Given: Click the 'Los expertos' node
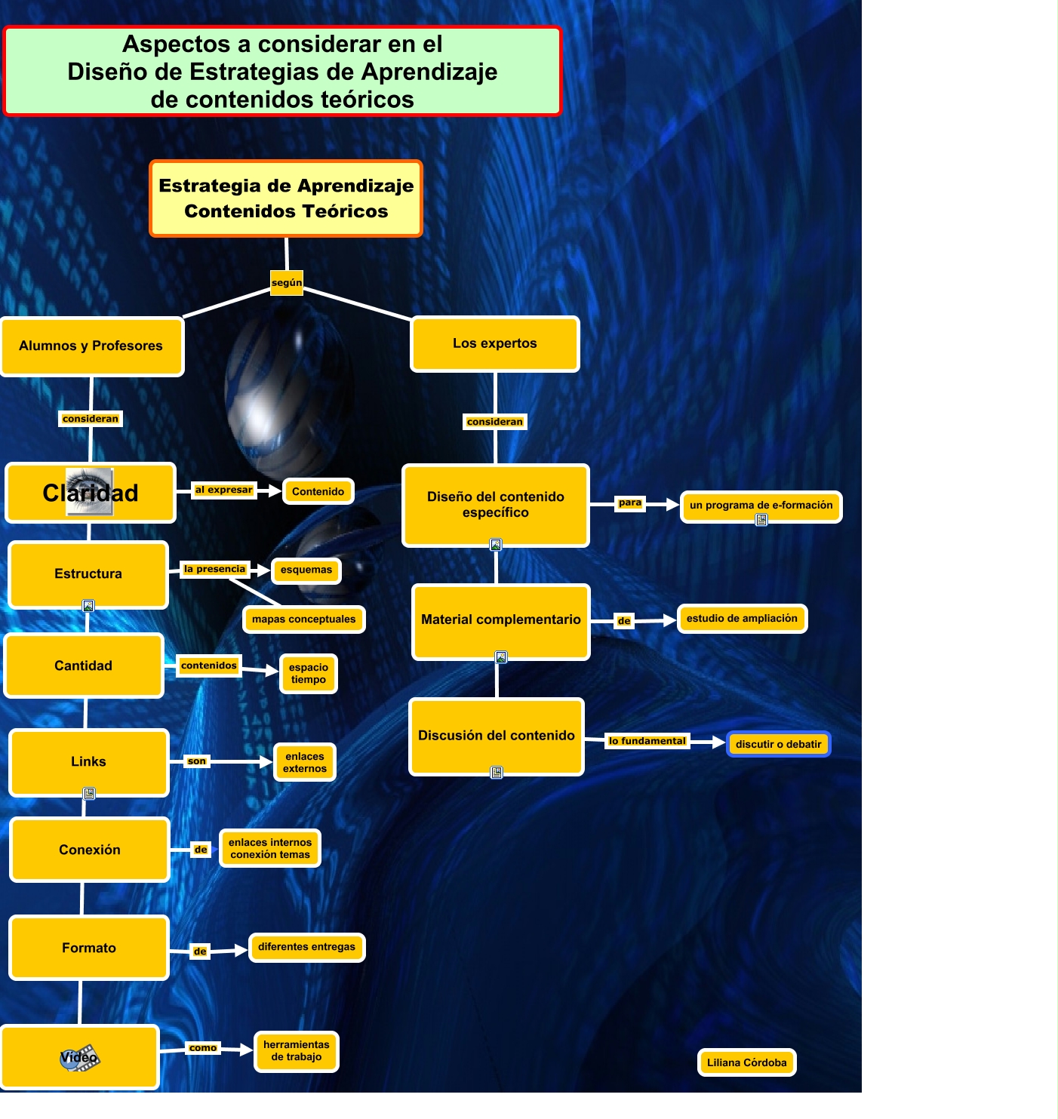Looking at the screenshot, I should (x=495, y=344).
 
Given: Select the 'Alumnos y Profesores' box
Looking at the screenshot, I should (x=91, y=346).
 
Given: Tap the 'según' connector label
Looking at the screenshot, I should (x=287, y=283).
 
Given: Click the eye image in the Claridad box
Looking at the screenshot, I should (x=90, y=491).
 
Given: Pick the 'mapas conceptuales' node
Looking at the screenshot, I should (x=303, y=619).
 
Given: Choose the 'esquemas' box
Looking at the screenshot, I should (x=306, y=570).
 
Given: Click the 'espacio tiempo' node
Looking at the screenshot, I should (x=308, y=674).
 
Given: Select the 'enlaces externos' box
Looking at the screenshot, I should (x=305, y=763).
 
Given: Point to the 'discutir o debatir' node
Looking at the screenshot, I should (x=778, y=745).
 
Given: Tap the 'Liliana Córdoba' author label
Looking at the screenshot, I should (x=746, y=1063).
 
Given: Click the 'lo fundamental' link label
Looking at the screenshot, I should (x=647, y=742).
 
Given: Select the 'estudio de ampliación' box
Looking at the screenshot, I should (x=742, y=619).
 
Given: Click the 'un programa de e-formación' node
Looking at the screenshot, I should (x=761, y=506).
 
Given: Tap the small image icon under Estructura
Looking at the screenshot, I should (x=88, y=606).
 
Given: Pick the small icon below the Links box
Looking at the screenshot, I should (x=89, y=794).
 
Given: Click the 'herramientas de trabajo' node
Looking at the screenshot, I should (x=296, y=1051).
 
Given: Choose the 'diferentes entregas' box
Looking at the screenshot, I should (x=306, y=947).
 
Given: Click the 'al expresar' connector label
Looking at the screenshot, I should (x=223, y=490).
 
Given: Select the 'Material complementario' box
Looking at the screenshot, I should (x=500, y=620).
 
